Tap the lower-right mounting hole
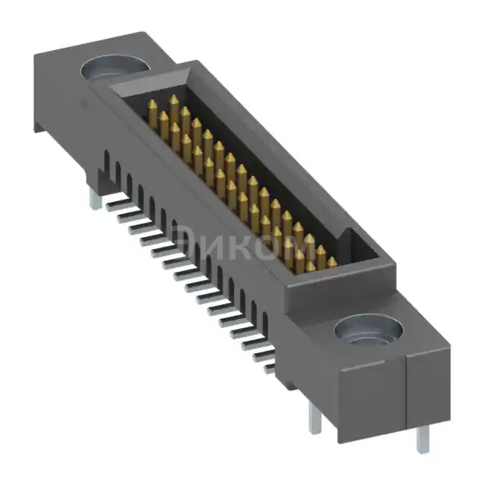[368, 330]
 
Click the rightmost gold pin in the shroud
[332, 262]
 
